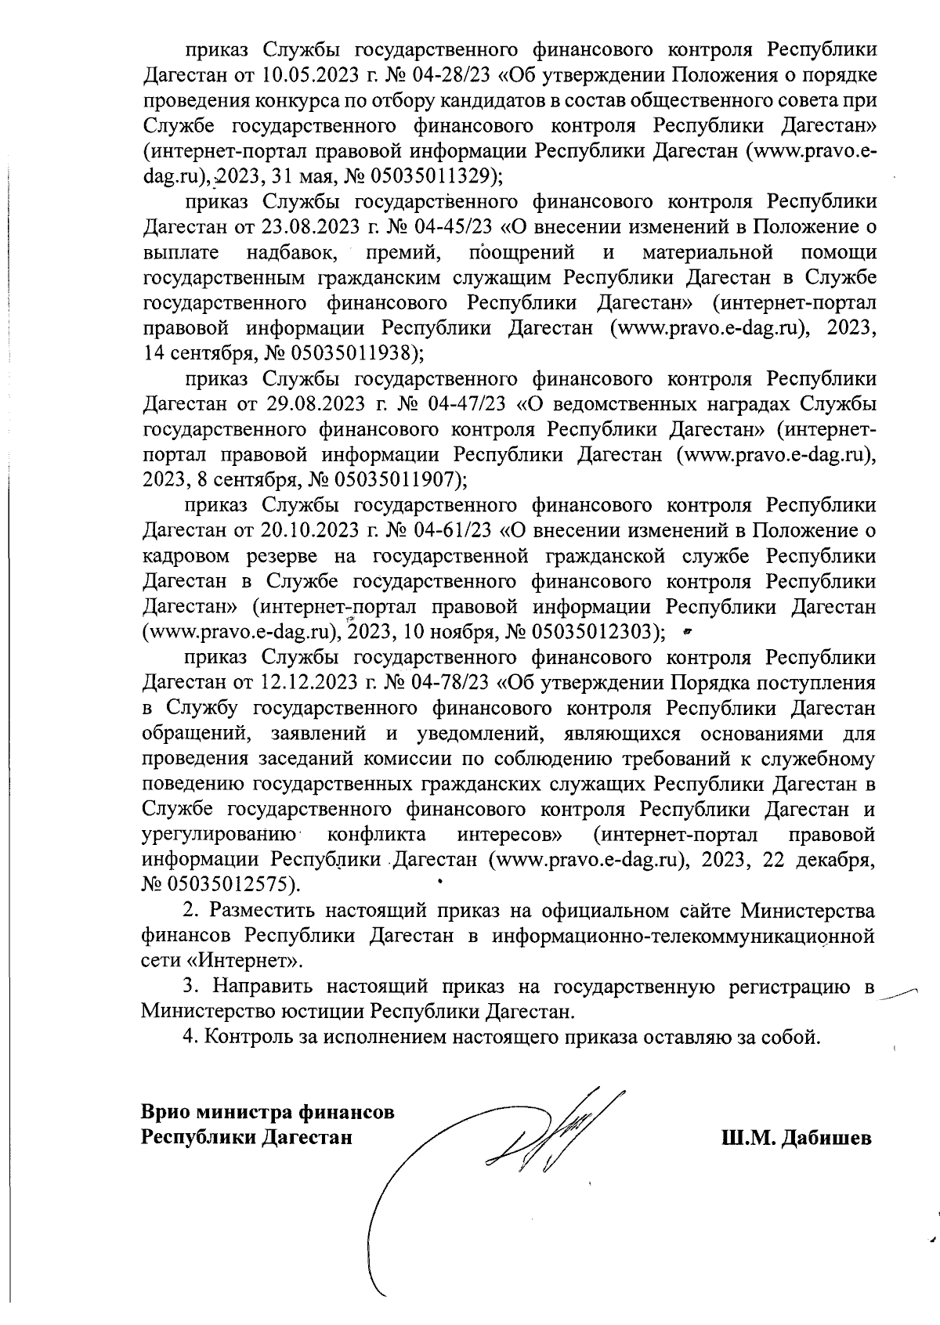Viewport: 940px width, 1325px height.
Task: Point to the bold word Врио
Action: (x=164, y=1112)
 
